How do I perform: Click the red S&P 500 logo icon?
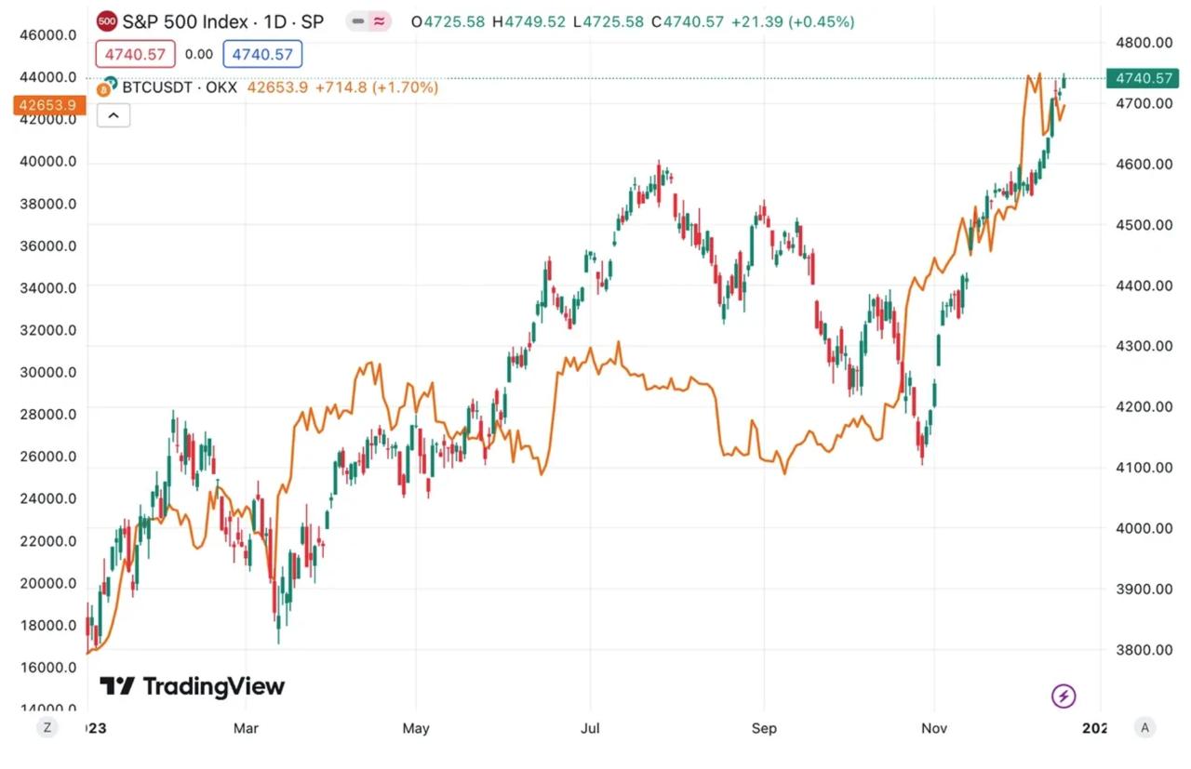107,20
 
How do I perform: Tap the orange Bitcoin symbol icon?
110,87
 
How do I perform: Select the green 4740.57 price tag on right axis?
1138,78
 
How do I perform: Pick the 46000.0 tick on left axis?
49,35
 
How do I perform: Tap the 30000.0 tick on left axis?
49,372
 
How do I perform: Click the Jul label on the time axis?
589,728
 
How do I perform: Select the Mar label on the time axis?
246,728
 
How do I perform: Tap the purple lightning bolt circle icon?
1064,695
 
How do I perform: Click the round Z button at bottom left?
47,727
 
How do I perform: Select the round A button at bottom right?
1144,727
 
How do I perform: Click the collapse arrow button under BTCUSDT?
114,115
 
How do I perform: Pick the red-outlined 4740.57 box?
137,55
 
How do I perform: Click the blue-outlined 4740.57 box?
262,55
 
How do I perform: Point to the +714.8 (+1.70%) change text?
377,87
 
